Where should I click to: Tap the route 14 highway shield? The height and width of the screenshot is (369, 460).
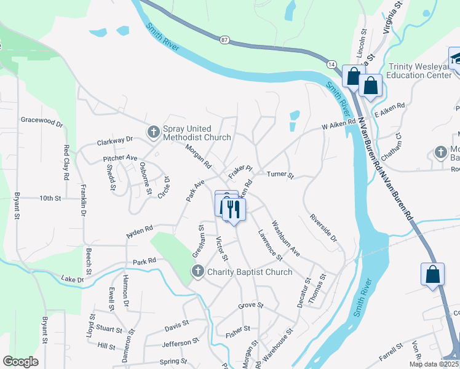pos(331,64)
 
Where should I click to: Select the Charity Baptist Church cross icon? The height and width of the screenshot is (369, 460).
pos(198,271)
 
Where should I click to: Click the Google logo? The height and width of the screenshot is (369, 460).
pos(20,362)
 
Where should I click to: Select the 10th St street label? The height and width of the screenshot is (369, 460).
pos(50,199)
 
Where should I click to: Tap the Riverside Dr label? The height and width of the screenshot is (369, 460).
pos(323,228)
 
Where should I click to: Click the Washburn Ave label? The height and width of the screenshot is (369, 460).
pos(286,239)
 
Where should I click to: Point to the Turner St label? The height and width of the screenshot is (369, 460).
pos(280,175)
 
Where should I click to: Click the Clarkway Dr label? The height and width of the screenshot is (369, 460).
pos(115,142)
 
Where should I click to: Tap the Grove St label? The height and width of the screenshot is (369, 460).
pos(251,305)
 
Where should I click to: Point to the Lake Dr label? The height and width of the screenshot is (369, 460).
pos(73,280)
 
